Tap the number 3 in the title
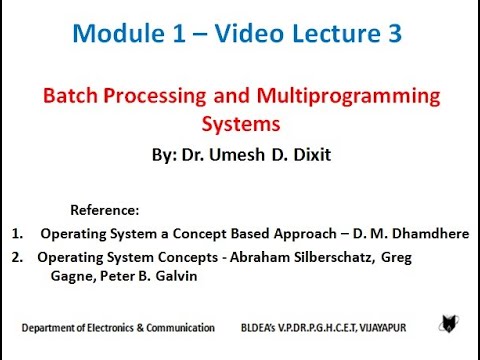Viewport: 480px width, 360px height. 392,33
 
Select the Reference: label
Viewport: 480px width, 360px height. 106,211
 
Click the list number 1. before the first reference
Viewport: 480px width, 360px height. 18,234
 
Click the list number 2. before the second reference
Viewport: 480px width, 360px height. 18,257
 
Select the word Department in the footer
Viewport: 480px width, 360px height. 50,328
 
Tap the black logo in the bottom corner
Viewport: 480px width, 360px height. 449,324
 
